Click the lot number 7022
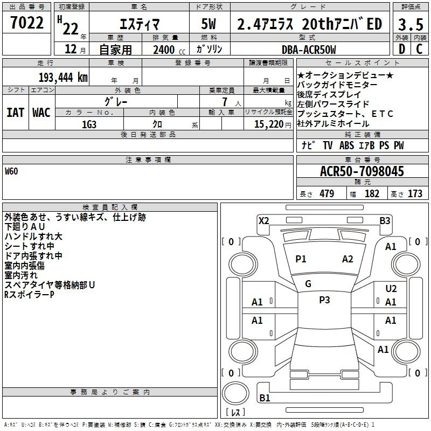27,23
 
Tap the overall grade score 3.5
411,24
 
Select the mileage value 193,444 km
63,78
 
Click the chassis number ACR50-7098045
362,171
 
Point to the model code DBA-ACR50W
309,50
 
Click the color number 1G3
89,124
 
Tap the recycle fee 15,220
269,124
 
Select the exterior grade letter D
402,49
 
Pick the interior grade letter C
419,49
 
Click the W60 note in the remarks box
11,171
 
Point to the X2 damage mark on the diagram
264,221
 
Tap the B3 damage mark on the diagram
385,221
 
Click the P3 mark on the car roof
324,300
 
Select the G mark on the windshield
308,284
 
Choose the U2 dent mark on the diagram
391,289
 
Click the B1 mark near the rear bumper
265,398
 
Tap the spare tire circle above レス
235,393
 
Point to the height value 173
415,193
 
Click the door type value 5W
208,24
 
